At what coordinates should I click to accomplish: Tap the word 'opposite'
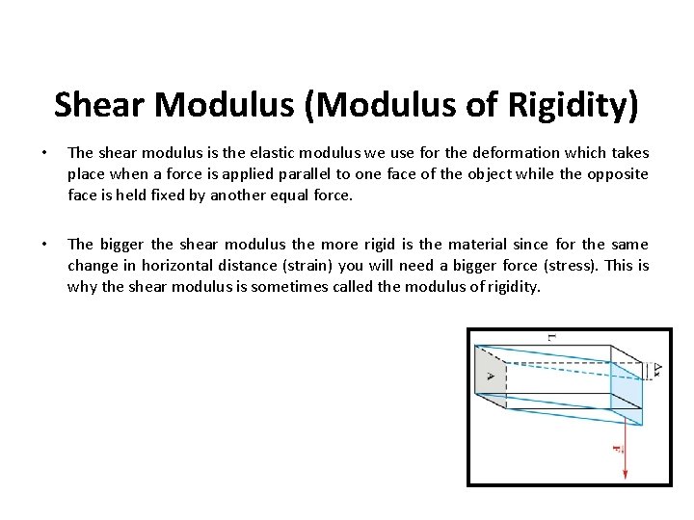(x=614, y=174)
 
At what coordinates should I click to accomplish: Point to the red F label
(x=615, y=449)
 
